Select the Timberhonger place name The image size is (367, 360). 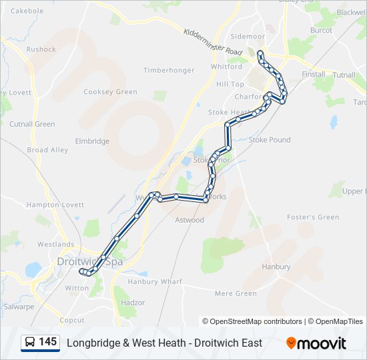tap(169, 70)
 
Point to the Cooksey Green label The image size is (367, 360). tap(111, 92)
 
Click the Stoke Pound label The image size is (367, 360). tap(270, 140)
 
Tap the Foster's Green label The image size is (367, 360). tap(313, 217)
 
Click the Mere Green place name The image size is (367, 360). tap(236, 293)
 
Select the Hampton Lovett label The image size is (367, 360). tap(55, 205)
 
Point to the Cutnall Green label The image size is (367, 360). tap(32, 124)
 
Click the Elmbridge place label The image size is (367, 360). tap(92, 141)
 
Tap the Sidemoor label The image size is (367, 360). tap(247, 36)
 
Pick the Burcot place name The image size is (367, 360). tap(321, 31)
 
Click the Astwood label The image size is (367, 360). tap(189, 220)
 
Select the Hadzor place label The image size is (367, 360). tap(133, 303)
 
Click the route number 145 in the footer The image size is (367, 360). tap(47, 342)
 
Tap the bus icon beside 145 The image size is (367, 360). tap(30, 343)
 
